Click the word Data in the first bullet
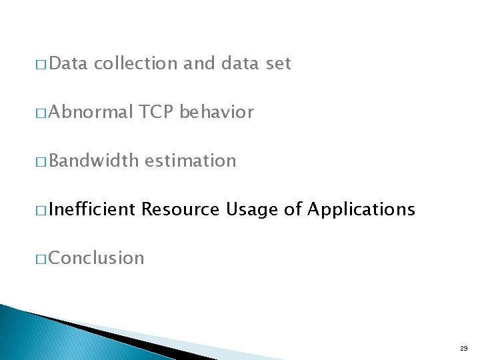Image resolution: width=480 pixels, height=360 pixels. coord(68,64)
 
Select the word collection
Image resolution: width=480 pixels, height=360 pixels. coord(135,64)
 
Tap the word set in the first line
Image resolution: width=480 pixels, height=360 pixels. coord(279,64)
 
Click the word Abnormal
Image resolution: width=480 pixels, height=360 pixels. coord(91,113)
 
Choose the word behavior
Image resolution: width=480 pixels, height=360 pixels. coord(217,113)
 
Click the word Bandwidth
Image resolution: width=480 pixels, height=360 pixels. coord(93,161)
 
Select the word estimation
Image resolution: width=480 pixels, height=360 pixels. coord(190,161)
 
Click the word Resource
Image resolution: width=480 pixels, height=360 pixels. coord(181,210)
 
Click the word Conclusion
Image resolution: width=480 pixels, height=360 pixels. coord(96,258)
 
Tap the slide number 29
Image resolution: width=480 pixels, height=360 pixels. coord(463,349)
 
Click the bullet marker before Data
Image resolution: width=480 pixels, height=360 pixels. coord(41,65)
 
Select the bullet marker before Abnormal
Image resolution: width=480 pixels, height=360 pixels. coord(41,114)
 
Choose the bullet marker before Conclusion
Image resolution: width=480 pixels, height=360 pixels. coord(41,259)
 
